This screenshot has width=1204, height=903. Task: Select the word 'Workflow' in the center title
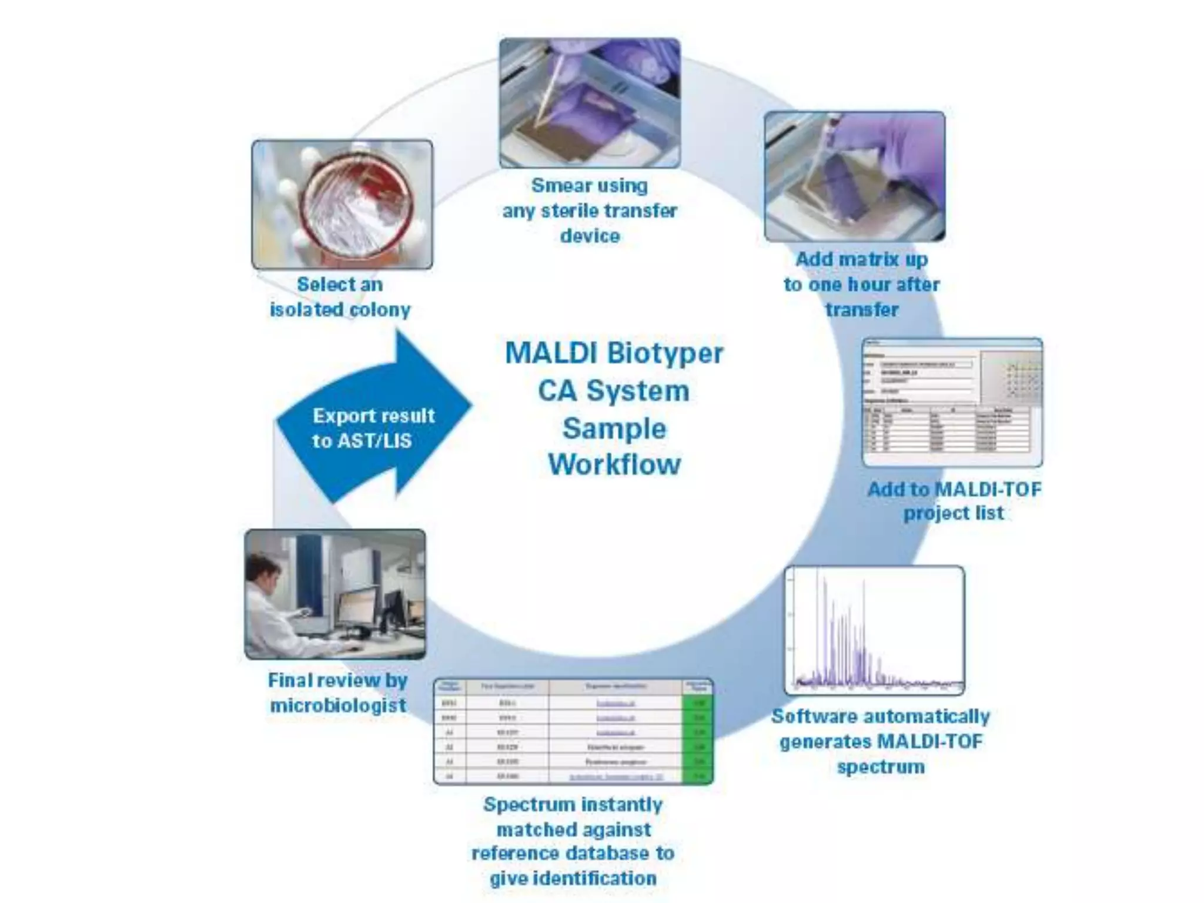pyautogui.click(x=614, y=464)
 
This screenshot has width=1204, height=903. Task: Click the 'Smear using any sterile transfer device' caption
pyautogui.click(x=590, y=210)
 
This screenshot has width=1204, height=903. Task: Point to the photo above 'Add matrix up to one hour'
pyautogui.click(x=854, y=176)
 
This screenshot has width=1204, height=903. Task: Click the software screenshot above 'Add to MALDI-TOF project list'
pyautogui.click(x=952, y=403)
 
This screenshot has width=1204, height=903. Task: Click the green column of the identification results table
pyautogui.click(x=698, y=738)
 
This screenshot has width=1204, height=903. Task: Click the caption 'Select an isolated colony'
pyautogui.click(x=340, y=297)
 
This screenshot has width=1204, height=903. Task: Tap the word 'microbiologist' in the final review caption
pyautogui.click(x=338, y=705)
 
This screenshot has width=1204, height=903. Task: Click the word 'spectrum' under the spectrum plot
pyautogui.click(x=880, y=767)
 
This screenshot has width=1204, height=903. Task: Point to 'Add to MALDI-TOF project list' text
pyautogui.click(x=954, y=501)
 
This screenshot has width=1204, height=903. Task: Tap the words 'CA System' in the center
pyautogui.click(x=614, y=391)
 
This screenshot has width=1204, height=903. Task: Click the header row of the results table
pyautogui.click(x=573, y=687)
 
